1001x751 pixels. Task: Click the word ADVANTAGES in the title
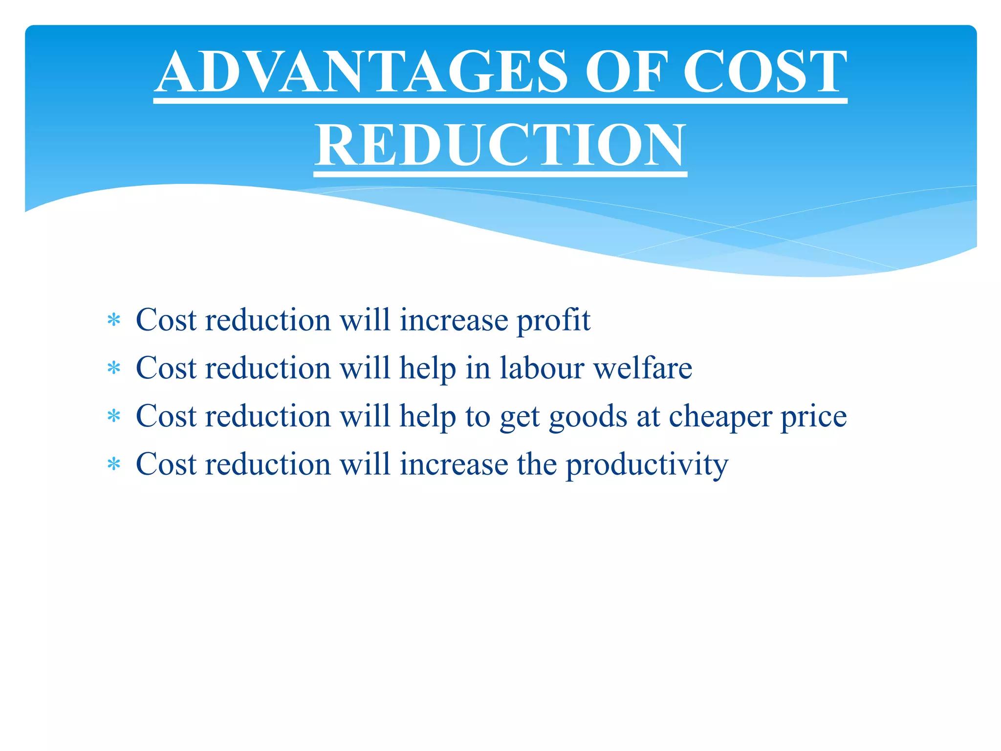[x=361, y=72]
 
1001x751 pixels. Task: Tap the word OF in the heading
[x=626, y=72]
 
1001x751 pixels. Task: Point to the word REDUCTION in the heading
[x=500, y=146]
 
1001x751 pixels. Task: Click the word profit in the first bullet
[x=553, y=321]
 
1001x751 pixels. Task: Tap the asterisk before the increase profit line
[x=114, y=321]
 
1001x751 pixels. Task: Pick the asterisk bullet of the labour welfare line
[x=114, y=369]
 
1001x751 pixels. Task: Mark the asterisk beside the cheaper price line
[x=114, y=417]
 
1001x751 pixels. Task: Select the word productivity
[x=647, y=465]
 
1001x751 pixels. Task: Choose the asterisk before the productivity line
[x=114, y=464]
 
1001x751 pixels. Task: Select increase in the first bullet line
[x=454, y=320]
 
